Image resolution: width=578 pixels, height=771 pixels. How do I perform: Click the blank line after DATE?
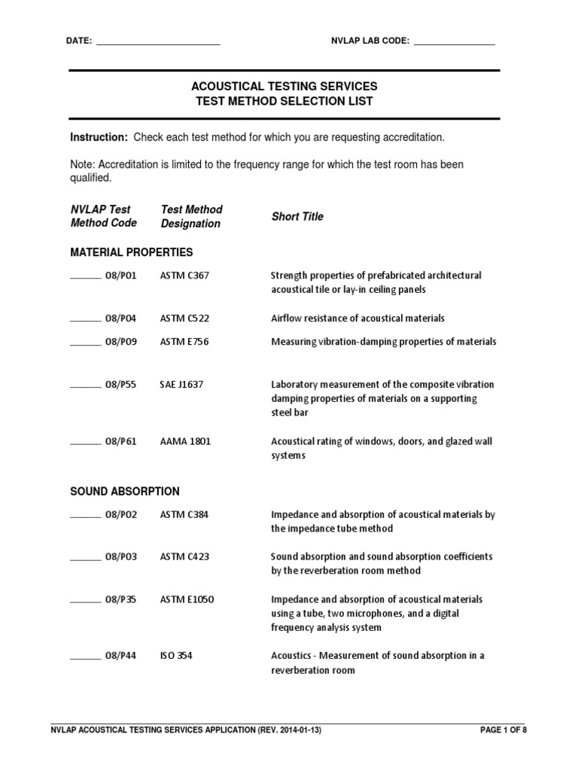coord(158,42)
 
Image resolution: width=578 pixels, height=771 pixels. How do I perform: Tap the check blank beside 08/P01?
coord(85,276)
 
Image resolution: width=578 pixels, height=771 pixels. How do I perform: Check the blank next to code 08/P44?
coord(85,657)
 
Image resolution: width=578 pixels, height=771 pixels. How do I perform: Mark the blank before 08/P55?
coord(85,385)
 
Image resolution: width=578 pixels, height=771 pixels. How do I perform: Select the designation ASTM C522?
coord(184,318)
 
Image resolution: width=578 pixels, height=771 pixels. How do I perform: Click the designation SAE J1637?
coord(181,385)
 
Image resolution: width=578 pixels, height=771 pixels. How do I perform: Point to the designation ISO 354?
coord(176,656)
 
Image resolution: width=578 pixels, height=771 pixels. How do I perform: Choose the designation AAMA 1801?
coord(185,441)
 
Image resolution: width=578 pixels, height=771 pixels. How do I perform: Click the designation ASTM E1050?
coord(187,599)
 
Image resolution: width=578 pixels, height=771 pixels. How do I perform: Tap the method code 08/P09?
coord(121,342)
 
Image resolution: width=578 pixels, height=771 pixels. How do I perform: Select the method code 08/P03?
coord(121,557)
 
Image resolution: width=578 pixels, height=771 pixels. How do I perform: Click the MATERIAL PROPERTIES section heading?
coord(132,251)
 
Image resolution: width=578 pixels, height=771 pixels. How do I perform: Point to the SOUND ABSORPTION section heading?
coord(125,492)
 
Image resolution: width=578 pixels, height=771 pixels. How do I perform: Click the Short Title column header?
coord(297,217)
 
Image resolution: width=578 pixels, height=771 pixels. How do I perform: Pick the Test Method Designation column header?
coord(191,216)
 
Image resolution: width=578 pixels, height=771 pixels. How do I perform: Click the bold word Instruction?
coord(99,138)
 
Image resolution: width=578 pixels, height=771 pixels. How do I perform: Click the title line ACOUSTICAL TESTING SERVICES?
coord(284,87)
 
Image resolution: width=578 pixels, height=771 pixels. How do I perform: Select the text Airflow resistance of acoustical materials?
coord(357,318)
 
